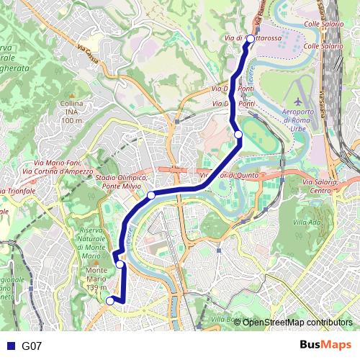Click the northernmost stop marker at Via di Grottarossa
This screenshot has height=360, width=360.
pos(251,39)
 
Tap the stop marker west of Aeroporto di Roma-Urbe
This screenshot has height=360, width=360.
pos(238,133)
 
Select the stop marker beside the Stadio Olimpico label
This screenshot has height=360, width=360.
pos(151,195)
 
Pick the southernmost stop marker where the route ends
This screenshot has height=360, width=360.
pos(110,301)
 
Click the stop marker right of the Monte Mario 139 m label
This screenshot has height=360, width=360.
pos(120,264)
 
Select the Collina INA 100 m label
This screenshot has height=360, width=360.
pos(72,112)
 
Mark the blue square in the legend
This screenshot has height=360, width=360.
pos(10,346)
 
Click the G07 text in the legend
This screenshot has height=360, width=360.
pos(32,346)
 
